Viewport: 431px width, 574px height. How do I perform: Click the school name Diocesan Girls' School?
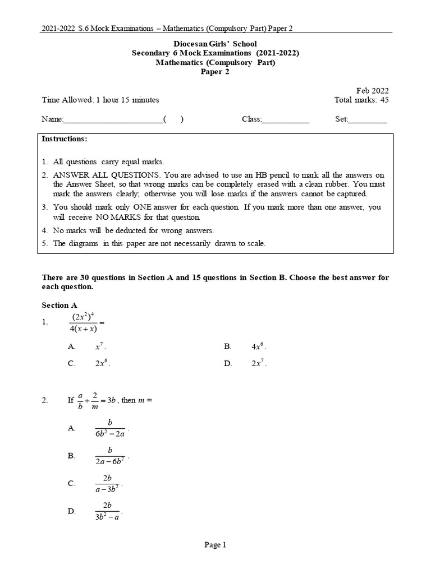[215, 43]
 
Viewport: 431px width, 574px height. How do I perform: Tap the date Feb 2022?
[372, 90]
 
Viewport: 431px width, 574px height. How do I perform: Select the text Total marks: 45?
[361, 100]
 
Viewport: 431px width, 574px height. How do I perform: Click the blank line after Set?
[368, 120]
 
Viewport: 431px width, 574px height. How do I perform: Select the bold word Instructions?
[65, 138]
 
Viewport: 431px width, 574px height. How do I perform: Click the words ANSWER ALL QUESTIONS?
[93, 175]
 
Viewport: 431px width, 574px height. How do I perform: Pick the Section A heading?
[59, 305]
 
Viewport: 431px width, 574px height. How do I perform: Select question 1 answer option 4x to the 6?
[258, 347]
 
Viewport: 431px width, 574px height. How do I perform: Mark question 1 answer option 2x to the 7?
[258, 363]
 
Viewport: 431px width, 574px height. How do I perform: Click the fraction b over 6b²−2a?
[110, 428]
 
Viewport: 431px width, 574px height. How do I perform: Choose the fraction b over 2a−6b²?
[110, 456]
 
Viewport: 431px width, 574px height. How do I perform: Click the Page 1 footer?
[215, 544]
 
